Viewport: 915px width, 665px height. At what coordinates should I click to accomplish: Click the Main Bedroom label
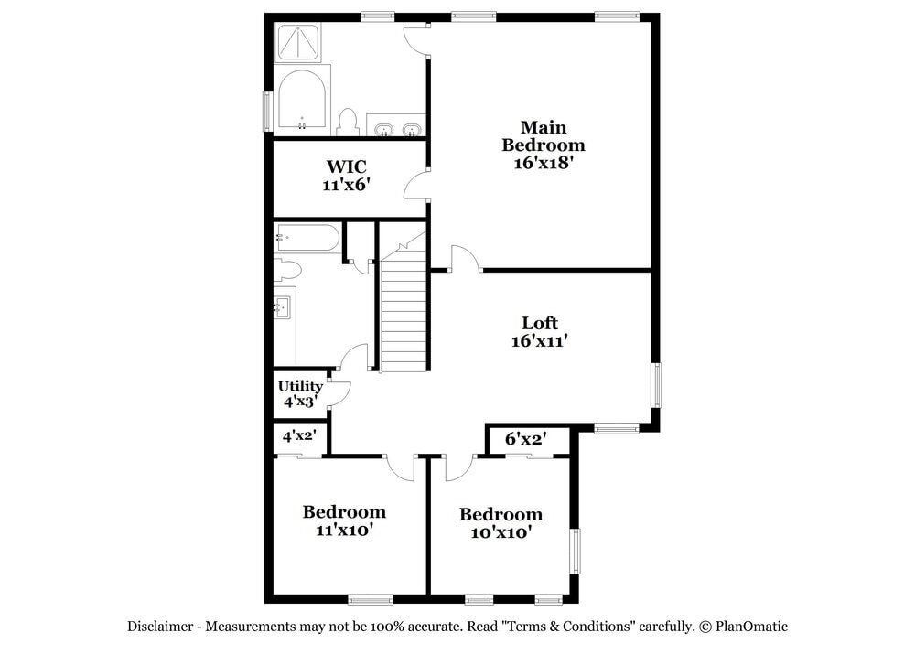tap(543, 145)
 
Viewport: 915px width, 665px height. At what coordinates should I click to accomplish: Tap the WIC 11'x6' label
tap(346, 175)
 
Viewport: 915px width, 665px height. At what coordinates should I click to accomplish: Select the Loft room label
tap(539, 331)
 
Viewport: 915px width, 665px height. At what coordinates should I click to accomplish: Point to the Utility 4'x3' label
tap(300, 393)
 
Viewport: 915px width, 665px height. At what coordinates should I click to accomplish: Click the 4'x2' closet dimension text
tap(298, 436)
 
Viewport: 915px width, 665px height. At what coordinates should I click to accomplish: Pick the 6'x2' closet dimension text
tap(526, 439)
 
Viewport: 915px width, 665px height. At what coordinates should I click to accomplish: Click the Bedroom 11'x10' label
tap(344, 520)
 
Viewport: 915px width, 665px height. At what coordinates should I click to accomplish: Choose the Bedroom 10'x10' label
tap(501, 522)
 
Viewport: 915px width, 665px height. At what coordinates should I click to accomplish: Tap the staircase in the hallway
tap(404, 311)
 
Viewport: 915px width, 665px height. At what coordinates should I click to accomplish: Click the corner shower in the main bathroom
tap(299, 43)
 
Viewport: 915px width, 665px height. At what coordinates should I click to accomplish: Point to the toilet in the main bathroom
tap(348, 122)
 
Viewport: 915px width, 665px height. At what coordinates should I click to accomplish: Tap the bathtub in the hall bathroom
tap(307, 238)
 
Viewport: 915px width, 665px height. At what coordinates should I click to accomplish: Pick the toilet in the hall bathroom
tap(287, 269)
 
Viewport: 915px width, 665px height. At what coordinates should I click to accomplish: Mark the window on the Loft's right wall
tap(656, 385)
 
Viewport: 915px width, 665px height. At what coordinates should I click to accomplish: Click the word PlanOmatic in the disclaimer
tap(751, 627)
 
